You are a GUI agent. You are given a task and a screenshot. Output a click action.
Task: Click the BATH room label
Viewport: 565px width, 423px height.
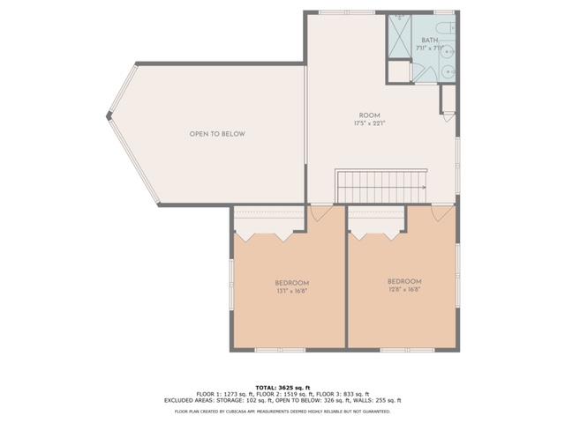pos(429,41)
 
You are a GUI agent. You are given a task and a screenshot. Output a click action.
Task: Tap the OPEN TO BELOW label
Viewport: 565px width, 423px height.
pos(216,134)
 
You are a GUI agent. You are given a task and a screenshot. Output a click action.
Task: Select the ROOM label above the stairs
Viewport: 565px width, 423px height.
pos(369,115)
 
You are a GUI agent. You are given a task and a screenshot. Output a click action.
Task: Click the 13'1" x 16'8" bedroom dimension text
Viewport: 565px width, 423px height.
pos(290,291)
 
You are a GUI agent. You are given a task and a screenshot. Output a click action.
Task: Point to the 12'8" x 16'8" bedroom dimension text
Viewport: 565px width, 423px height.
pos(403,288)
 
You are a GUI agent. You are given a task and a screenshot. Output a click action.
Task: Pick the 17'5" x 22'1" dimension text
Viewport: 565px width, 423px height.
pos(369,124)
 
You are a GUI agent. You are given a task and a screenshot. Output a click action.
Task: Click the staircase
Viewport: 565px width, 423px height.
pos(380,187)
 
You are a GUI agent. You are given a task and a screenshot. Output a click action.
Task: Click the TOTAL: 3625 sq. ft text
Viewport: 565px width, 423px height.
pos(282,387)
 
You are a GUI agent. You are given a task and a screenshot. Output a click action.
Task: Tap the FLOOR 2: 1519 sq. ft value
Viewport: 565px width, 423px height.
pos(282,393)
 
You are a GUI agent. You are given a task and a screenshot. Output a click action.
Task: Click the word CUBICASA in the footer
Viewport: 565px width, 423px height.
pos(241,411)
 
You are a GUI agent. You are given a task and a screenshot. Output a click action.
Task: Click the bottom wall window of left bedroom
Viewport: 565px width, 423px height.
pos(269,351)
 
